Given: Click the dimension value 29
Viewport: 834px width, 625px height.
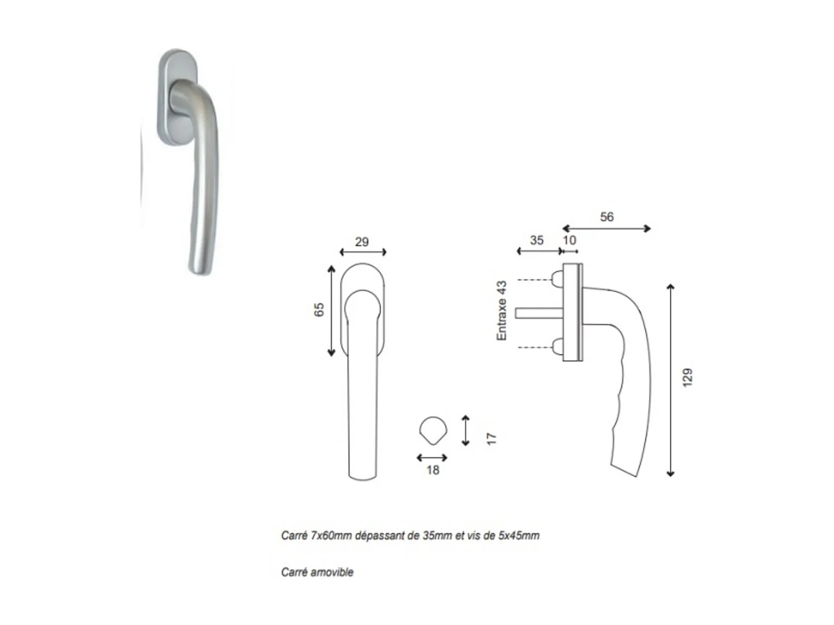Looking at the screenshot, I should tap(361, 242).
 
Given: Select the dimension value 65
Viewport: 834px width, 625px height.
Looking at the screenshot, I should tap(319, 310).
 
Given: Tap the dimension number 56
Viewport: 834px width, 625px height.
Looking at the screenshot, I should tap(607, 217).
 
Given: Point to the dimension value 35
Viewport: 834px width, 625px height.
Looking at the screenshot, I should tap(537, 240).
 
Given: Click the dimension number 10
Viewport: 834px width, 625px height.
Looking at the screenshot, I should tap(569, 240).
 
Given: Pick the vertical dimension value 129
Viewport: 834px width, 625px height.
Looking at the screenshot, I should tap(688, 377).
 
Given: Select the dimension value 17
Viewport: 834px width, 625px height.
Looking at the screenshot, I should tap(491, 438).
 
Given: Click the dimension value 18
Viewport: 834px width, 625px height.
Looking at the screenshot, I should tap(433, 470).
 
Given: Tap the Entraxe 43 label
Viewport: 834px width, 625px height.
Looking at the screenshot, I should tap(502, 311).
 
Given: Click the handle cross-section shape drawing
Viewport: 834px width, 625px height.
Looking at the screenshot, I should tap(433, 431).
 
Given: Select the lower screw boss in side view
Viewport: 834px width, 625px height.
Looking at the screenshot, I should tap(557, 348).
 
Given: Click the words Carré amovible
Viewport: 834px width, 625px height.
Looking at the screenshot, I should tap(317, 572).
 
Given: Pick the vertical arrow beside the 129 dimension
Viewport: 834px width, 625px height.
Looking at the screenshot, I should tap(671, 381).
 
